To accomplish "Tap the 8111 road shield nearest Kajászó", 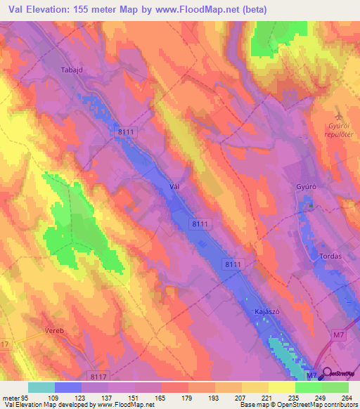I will (x=234, y=264).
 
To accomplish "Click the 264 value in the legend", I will (x=348, y=397).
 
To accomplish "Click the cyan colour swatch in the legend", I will (x=41, y=387).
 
